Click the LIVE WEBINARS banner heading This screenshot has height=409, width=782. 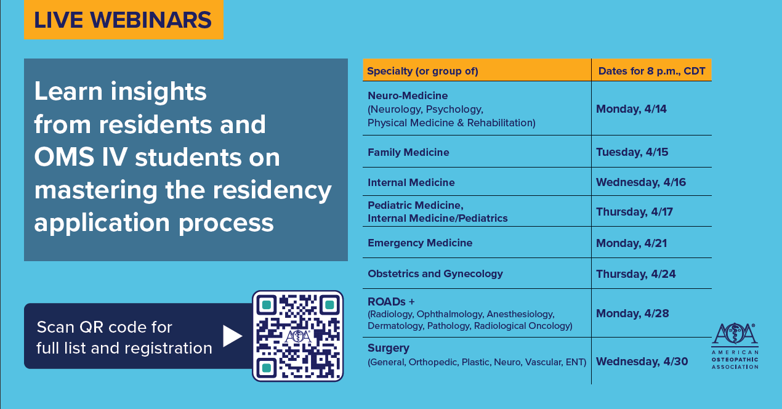click(x=123, y=20)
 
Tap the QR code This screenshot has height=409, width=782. click(x=298, y=336)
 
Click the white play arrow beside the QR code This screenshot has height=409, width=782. click(x=233, y=336)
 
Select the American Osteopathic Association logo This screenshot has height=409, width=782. click(x=735, y=346)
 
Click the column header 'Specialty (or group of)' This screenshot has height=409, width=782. click(x=422, y=71)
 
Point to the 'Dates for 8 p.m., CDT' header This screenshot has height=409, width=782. click(x=652, y=71)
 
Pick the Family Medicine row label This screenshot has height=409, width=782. click(x=408, y=152)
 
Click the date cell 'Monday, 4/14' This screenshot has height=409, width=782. click(x=631, y=109)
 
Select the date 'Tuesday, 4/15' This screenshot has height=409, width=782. click(x=632, y=152)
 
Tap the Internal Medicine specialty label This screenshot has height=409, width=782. click(x=411, y=182)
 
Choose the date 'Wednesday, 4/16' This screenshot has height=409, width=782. click(x=641, y=182)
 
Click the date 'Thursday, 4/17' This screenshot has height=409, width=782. click(x=634, y=212)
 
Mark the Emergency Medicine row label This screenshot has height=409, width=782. click(x=420, y=243)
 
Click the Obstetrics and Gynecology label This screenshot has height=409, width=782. click(x=435, y=273)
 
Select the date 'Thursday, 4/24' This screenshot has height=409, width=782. click(x=635, y=274)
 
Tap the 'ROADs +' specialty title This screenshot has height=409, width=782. click(x=391, y=301)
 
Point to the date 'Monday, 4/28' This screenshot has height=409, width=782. click(x=632, y=314)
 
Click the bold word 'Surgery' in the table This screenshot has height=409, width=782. click(x=388, y=348)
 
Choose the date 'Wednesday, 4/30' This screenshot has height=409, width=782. click(x=642, y=361)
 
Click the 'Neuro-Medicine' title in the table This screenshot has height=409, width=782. click(x=408, y=95)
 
